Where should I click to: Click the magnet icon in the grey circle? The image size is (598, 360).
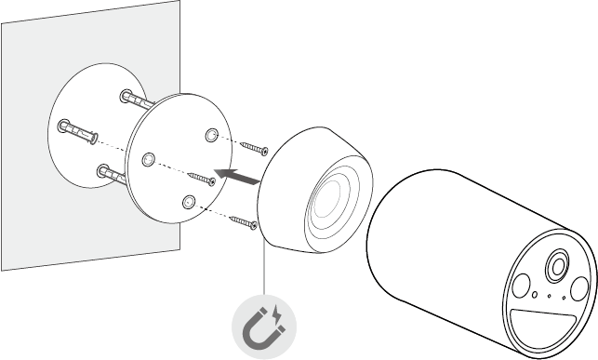(x=264, y=327)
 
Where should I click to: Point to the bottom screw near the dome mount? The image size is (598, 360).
(x=241, y=221)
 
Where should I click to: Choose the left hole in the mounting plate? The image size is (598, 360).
(x=147, y=159)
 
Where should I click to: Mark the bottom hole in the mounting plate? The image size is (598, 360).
(x=189, y=201)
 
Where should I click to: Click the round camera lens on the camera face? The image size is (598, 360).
(x=557, y=265)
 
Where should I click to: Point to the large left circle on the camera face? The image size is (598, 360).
(x=519, y=286)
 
